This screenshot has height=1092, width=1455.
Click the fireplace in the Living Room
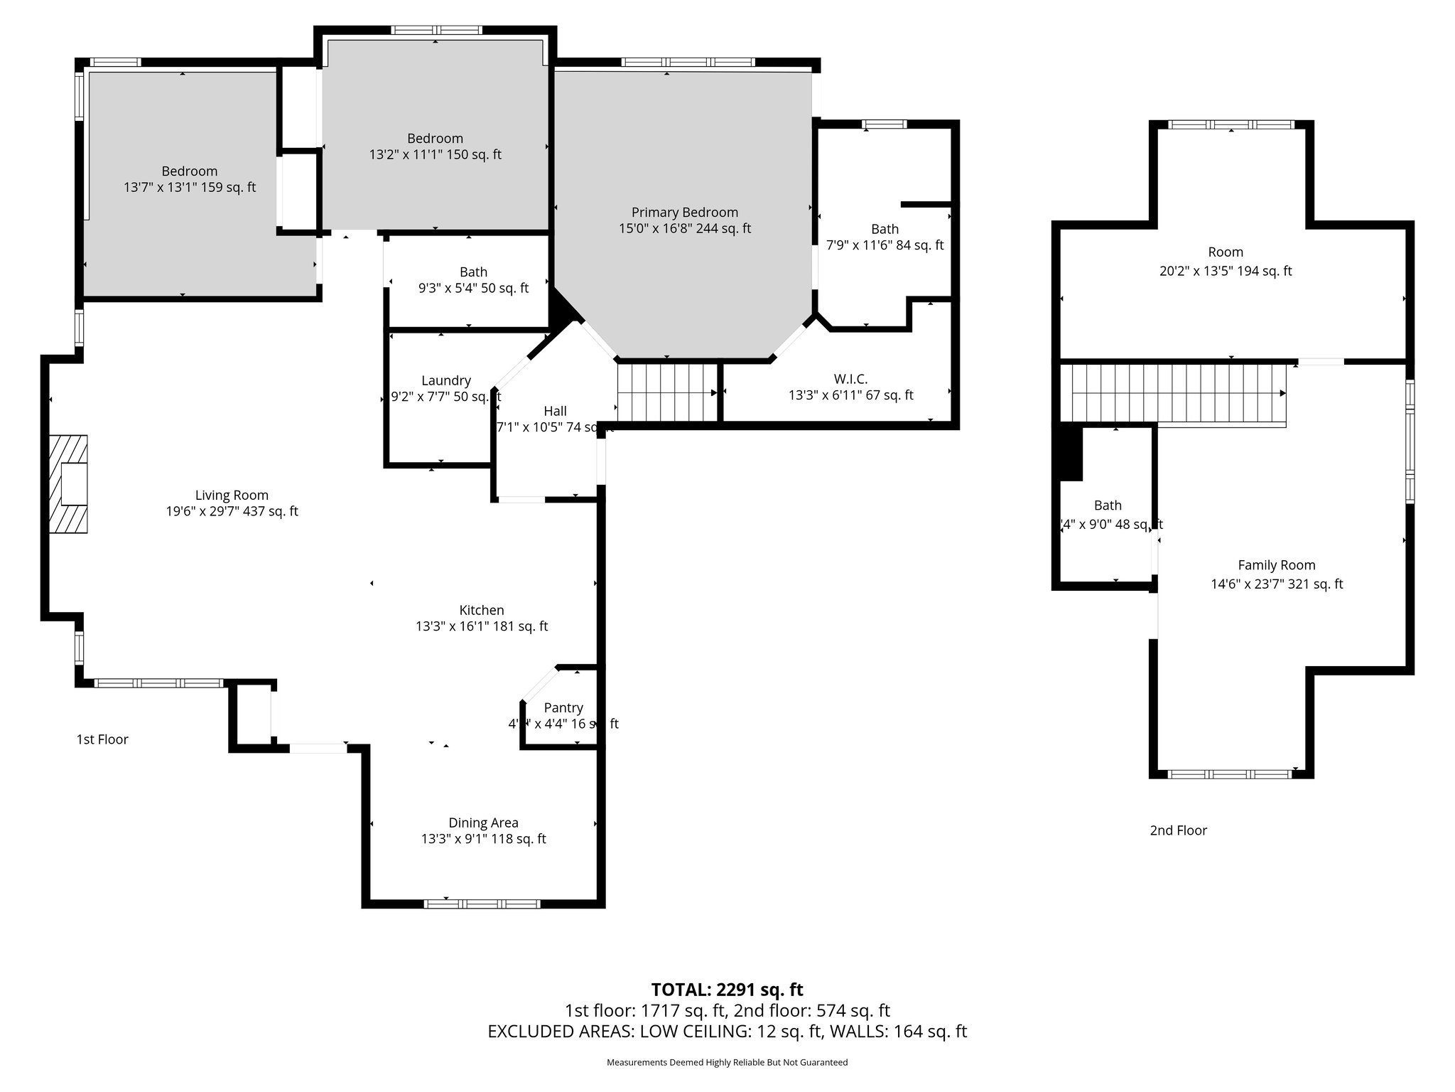point(68,484)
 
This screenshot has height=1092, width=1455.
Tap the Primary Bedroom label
point(684,213)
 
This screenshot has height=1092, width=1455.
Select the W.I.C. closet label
point(850,379)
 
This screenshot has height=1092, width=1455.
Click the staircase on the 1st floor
point(666,392)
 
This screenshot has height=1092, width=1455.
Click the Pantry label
point(563,707)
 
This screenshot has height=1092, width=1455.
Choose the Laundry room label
point(445,380)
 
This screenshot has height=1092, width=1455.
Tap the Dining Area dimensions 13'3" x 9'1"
point(483,839)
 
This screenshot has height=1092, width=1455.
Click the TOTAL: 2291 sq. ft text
point(727,990)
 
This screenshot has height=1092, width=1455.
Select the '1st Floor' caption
point(102,739)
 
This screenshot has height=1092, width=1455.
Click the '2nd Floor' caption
point(1178,830)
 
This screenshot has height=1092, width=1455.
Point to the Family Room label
point(1276,565)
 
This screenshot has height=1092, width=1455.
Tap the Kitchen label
point(482,610)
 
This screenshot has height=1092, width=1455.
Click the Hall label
point(555,411)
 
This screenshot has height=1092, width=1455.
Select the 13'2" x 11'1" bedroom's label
point(435,139)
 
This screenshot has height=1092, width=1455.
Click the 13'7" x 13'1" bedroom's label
point(189,171)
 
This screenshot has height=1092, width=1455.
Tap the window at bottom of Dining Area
point(482,904)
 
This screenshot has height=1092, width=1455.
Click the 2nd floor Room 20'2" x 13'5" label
point(1225,252)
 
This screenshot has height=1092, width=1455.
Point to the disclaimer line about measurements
point(727,1063)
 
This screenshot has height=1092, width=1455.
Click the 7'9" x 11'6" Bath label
point(885,229)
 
